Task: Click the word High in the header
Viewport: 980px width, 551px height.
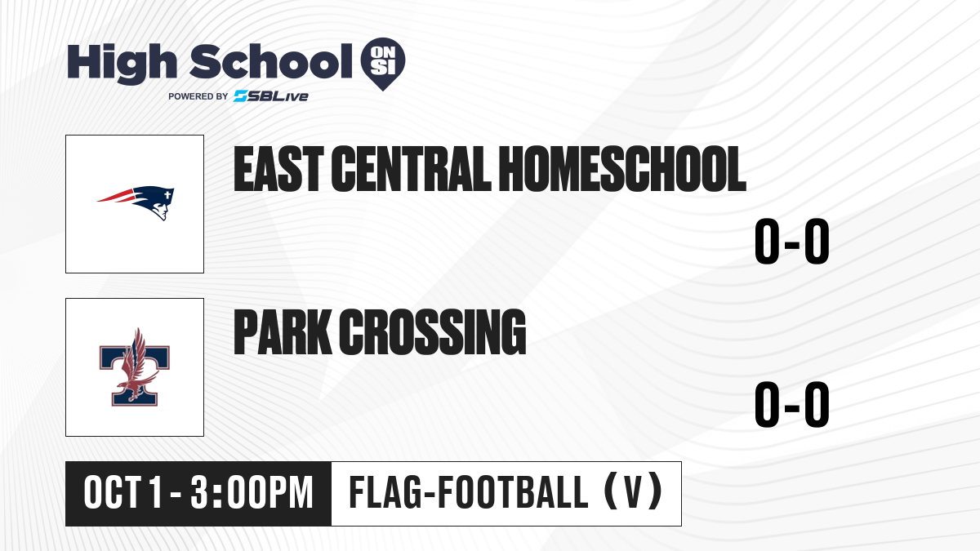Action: [122, 63]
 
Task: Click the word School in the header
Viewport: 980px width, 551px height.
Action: [271, 60]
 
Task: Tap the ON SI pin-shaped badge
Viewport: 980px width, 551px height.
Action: [383, 64]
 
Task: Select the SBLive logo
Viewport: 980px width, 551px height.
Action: [271, 96]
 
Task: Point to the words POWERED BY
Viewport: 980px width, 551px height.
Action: [198, 96]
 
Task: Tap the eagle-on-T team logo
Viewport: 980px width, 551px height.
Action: [134, 367]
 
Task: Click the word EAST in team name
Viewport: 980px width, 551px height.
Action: [278, 169]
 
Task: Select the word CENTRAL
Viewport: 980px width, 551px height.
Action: [410, 169]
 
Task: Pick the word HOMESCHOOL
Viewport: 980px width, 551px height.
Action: [622, 169]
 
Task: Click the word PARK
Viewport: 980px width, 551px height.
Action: [283, 332]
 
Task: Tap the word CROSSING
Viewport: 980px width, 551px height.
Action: [432, 332]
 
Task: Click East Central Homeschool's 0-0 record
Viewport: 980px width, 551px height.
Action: [792, 242]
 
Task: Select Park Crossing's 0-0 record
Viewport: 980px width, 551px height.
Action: [792, 404]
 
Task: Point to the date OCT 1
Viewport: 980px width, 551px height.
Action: [123, 493]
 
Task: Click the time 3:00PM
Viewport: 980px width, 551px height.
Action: [252, 493]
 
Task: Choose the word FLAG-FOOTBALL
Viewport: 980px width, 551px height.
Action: [469, 492]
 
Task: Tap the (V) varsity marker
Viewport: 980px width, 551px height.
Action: [633, 492]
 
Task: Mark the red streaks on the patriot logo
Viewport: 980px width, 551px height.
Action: [115, 196]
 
